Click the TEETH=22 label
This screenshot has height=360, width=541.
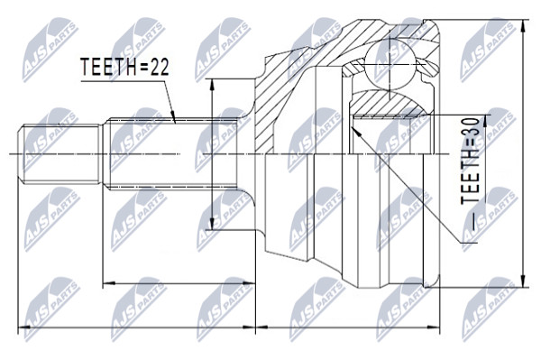tap(124, 67)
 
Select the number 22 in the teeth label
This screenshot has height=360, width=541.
tap(160, 67)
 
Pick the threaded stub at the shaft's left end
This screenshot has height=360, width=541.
tap(59, 153)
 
